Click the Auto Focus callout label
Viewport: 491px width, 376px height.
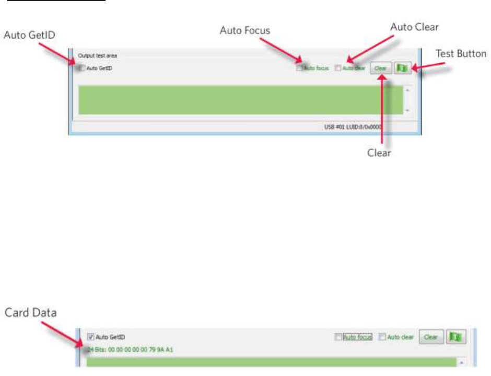(244, 30)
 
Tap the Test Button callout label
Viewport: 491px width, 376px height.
(461, 54)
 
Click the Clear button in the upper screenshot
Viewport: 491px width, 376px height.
(380, 68)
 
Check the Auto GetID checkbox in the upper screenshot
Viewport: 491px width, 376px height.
(81, 68)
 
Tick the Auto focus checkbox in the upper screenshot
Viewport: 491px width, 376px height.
(299, 68)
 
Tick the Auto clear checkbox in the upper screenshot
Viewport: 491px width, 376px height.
(337, 68)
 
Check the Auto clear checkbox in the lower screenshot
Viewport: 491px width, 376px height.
(382, 337)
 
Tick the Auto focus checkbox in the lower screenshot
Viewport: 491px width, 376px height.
(338, 337)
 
